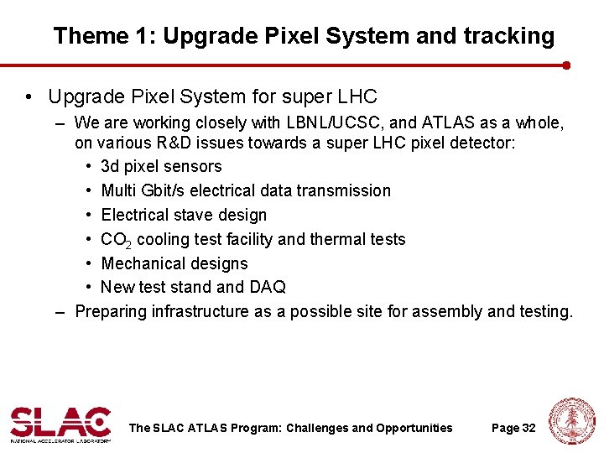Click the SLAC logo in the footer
(60, 424)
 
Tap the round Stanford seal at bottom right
(571, 422)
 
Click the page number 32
(528, 428)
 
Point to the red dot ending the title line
(567, 65)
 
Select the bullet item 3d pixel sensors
(161, 167)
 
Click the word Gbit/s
(175, 191)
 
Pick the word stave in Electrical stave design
(191, 216)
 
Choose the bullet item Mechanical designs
(174, 264)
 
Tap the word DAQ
(268, 288)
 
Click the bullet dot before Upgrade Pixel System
(30, 97)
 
